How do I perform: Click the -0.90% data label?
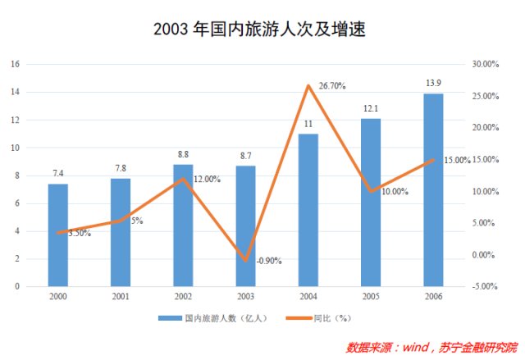tap(269, 261)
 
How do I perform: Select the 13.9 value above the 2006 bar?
tap(434, 84)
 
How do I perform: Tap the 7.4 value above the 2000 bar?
tap(58, 175)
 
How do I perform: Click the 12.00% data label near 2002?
tap(207, 179)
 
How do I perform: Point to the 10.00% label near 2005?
tap(395, 191)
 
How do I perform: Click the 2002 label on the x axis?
tap(183, 295)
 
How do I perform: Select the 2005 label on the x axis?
tap(371, 295)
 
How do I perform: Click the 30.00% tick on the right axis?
tap(486, 64)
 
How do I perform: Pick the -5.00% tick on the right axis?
tap(486, 286)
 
